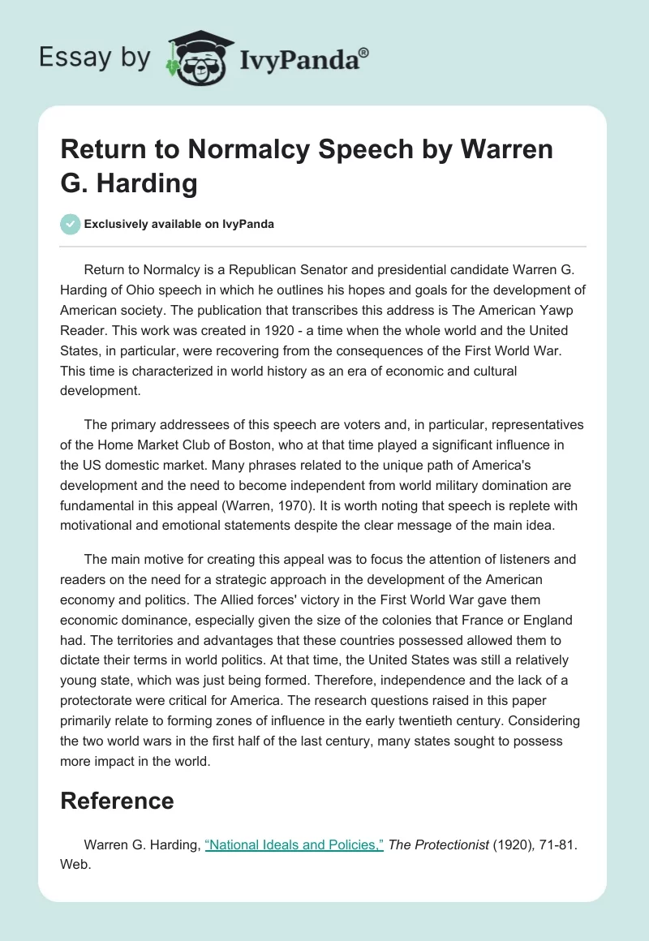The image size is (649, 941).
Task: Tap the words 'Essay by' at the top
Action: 94,58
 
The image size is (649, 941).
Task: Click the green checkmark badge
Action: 71,224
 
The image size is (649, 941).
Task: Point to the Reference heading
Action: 117,801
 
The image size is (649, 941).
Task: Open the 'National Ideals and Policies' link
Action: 294,845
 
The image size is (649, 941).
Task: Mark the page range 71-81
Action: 556,845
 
